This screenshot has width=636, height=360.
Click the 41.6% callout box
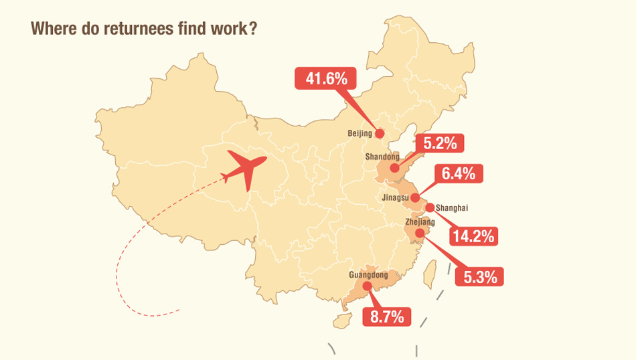point(326,78)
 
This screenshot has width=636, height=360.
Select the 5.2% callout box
point(440,143)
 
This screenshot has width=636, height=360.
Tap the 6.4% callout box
point(459,174)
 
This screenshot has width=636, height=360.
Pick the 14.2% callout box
point(473,236)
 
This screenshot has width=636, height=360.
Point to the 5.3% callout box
point(479,276)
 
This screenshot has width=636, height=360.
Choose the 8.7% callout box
point(386,317)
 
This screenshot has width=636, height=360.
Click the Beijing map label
point(360,134)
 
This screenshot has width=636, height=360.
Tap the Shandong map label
point(382,157)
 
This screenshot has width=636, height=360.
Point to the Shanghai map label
point(452,208)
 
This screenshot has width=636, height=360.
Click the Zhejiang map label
point(420,221)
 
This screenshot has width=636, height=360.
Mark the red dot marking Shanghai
point(430,207)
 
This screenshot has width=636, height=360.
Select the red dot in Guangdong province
point(368,286)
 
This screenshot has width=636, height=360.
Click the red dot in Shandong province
point(395,168)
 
